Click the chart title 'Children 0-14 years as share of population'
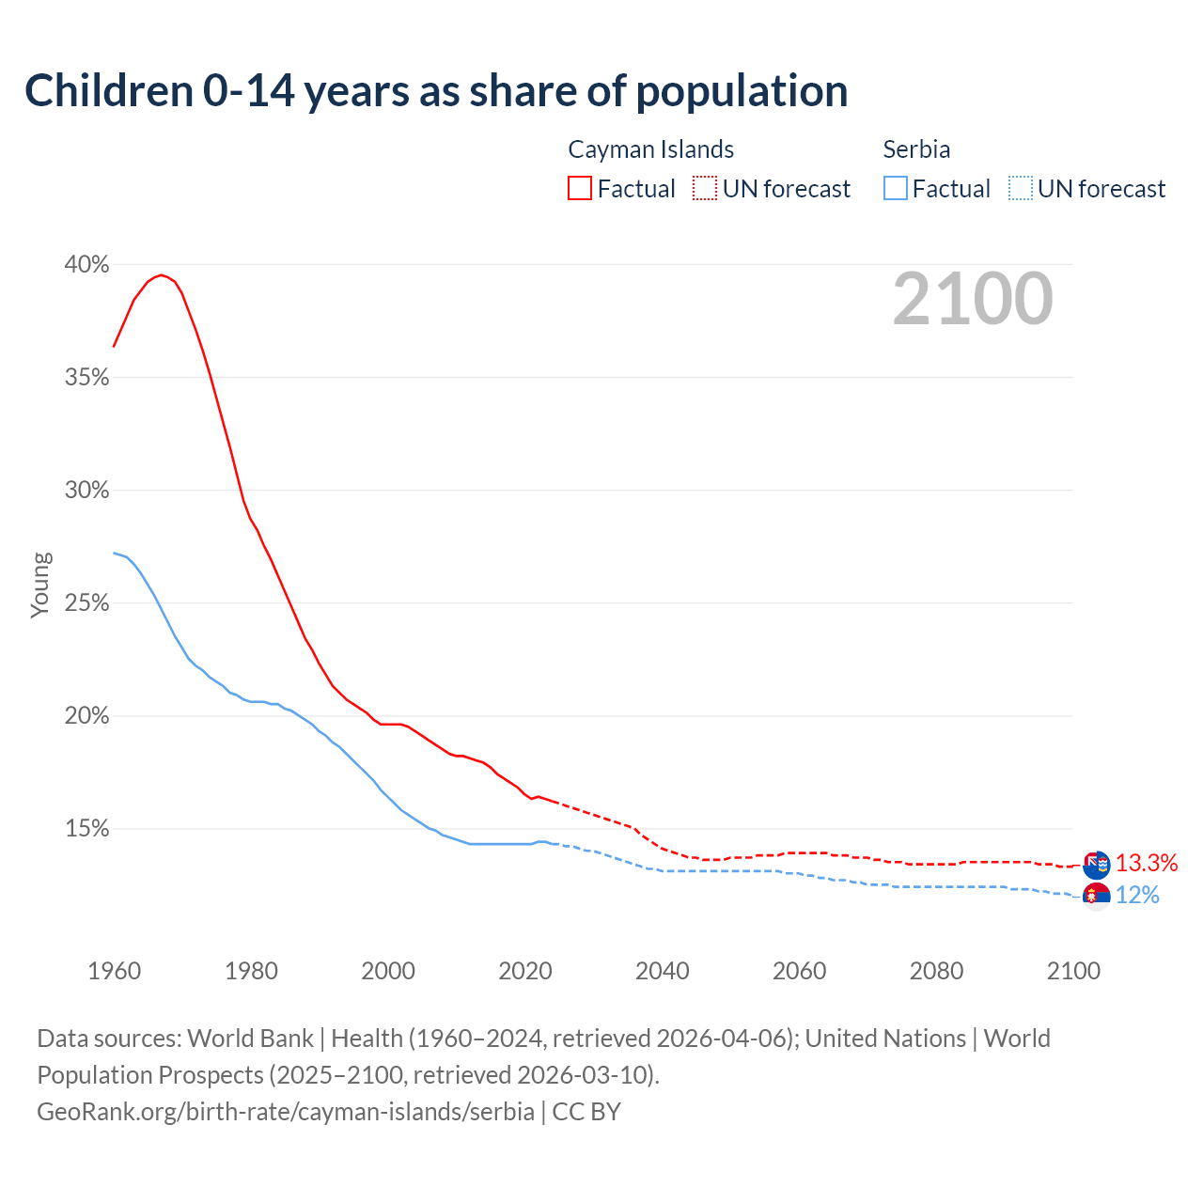pos(436,91)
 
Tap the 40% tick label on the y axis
pos(86,265)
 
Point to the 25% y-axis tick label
pos(86,603)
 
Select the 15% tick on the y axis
pos(86,829)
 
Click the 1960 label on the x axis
pos(114,971)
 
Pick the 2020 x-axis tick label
pos(524,971)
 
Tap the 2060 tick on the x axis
pos(799,971)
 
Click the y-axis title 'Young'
pos(40,585)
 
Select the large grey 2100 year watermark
pos(972,299)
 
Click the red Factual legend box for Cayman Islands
pos(580,189)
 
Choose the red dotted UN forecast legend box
pos(705,189)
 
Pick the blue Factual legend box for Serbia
pos(896,189)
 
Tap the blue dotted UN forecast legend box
pos(1021,189)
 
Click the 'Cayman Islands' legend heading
pos(650,149)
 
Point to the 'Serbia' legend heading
pos(916,149)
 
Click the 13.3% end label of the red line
pos(1147,863)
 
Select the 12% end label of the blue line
pos(1137,895)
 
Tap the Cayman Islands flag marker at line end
pos(1096,864)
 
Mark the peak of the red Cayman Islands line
pos(162,274)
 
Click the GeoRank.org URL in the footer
pos(286,1111)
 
